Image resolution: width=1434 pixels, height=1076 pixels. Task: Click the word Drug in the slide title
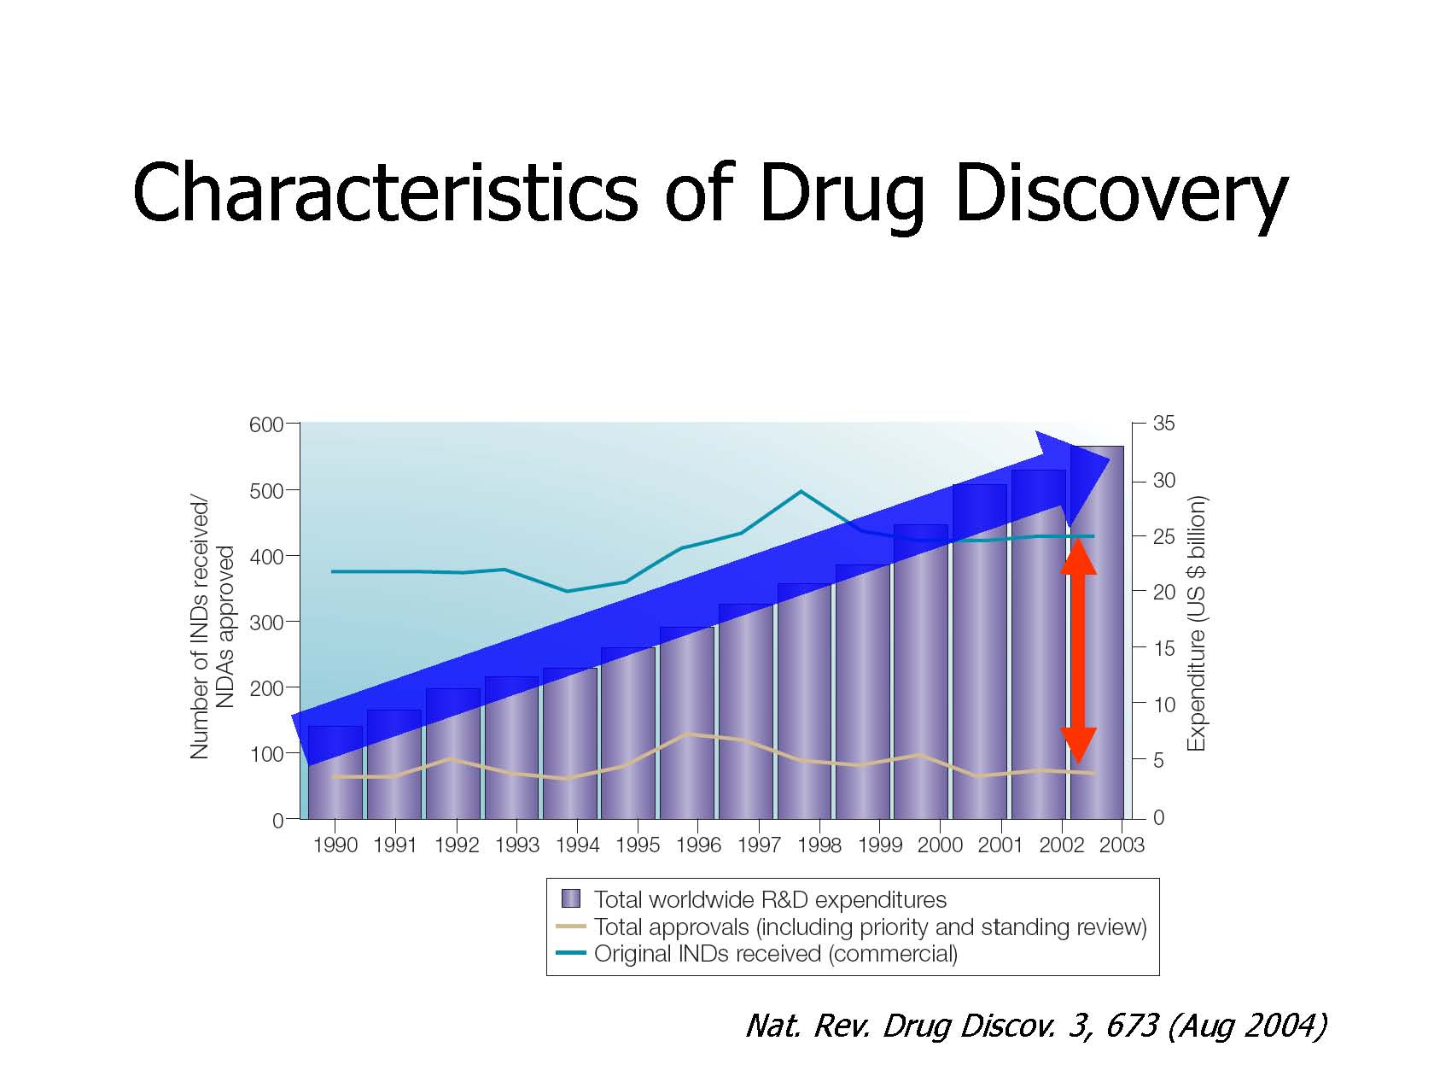point(842,195)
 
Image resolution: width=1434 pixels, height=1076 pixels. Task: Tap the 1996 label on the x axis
point(698,845)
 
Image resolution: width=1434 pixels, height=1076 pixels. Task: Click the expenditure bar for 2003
point(1098,633)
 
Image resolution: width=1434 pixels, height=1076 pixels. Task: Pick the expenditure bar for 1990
point(335,772)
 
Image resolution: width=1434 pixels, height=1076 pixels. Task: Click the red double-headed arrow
point(1078,651)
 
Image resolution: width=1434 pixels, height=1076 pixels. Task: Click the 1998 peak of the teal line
point(801,491)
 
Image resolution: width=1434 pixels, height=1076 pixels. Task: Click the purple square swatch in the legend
point(570,899)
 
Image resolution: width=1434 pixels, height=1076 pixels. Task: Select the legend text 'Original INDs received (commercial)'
point(776,954)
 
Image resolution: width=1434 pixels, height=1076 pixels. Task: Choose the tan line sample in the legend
point(571,927)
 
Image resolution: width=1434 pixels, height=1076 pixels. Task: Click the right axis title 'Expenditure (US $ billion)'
point(1196,624)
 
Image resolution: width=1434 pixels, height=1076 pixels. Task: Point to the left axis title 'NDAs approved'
point(224,627)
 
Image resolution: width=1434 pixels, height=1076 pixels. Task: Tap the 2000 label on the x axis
point(940,845)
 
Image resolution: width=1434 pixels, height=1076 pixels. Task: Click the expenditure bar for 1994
point(570,744)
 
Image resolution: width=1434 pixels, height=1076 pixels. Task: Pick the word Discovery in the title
point(1122,195)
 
